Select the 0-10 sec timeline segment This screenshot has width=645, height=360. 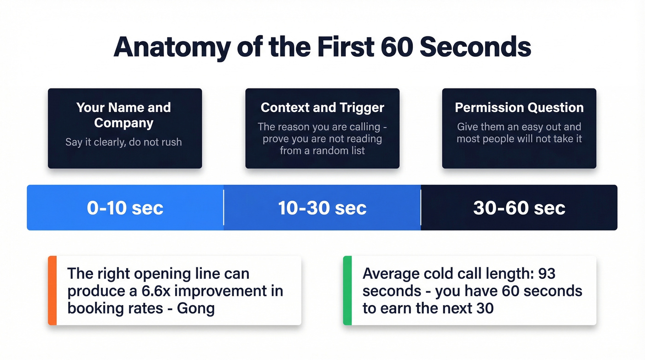(x=125, y=208)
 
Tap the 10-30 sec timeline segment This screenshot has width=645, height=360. (x=322, y=208)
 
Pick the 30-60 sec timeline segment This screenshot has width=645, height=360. (x=519, y=208)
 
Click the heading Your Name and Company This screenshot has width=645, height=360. (x=123, y=115)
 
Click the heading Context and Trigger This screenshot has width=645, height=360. (x=322, y=107)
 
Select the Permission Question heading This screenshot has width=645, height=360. (x=519, y=107)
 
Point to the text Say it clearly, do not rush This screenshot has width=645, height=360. (x=123, y=142)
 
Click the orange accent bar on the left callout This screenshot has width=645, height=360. (x=52, y=290)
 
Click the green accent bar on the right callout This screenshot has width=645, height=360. (x=347, y=290)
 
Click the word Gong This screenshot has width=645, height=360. (x=196, y=308)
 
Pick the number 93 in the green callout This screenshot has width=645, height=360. (x=546, y=273)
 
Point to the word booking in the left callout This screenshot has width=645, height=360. (x=93, y=308)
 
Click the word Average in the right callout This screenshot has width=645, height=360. (x=390, y=273)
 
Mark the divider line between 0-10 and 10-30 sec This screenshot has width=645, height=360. (x=223, y=208)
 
